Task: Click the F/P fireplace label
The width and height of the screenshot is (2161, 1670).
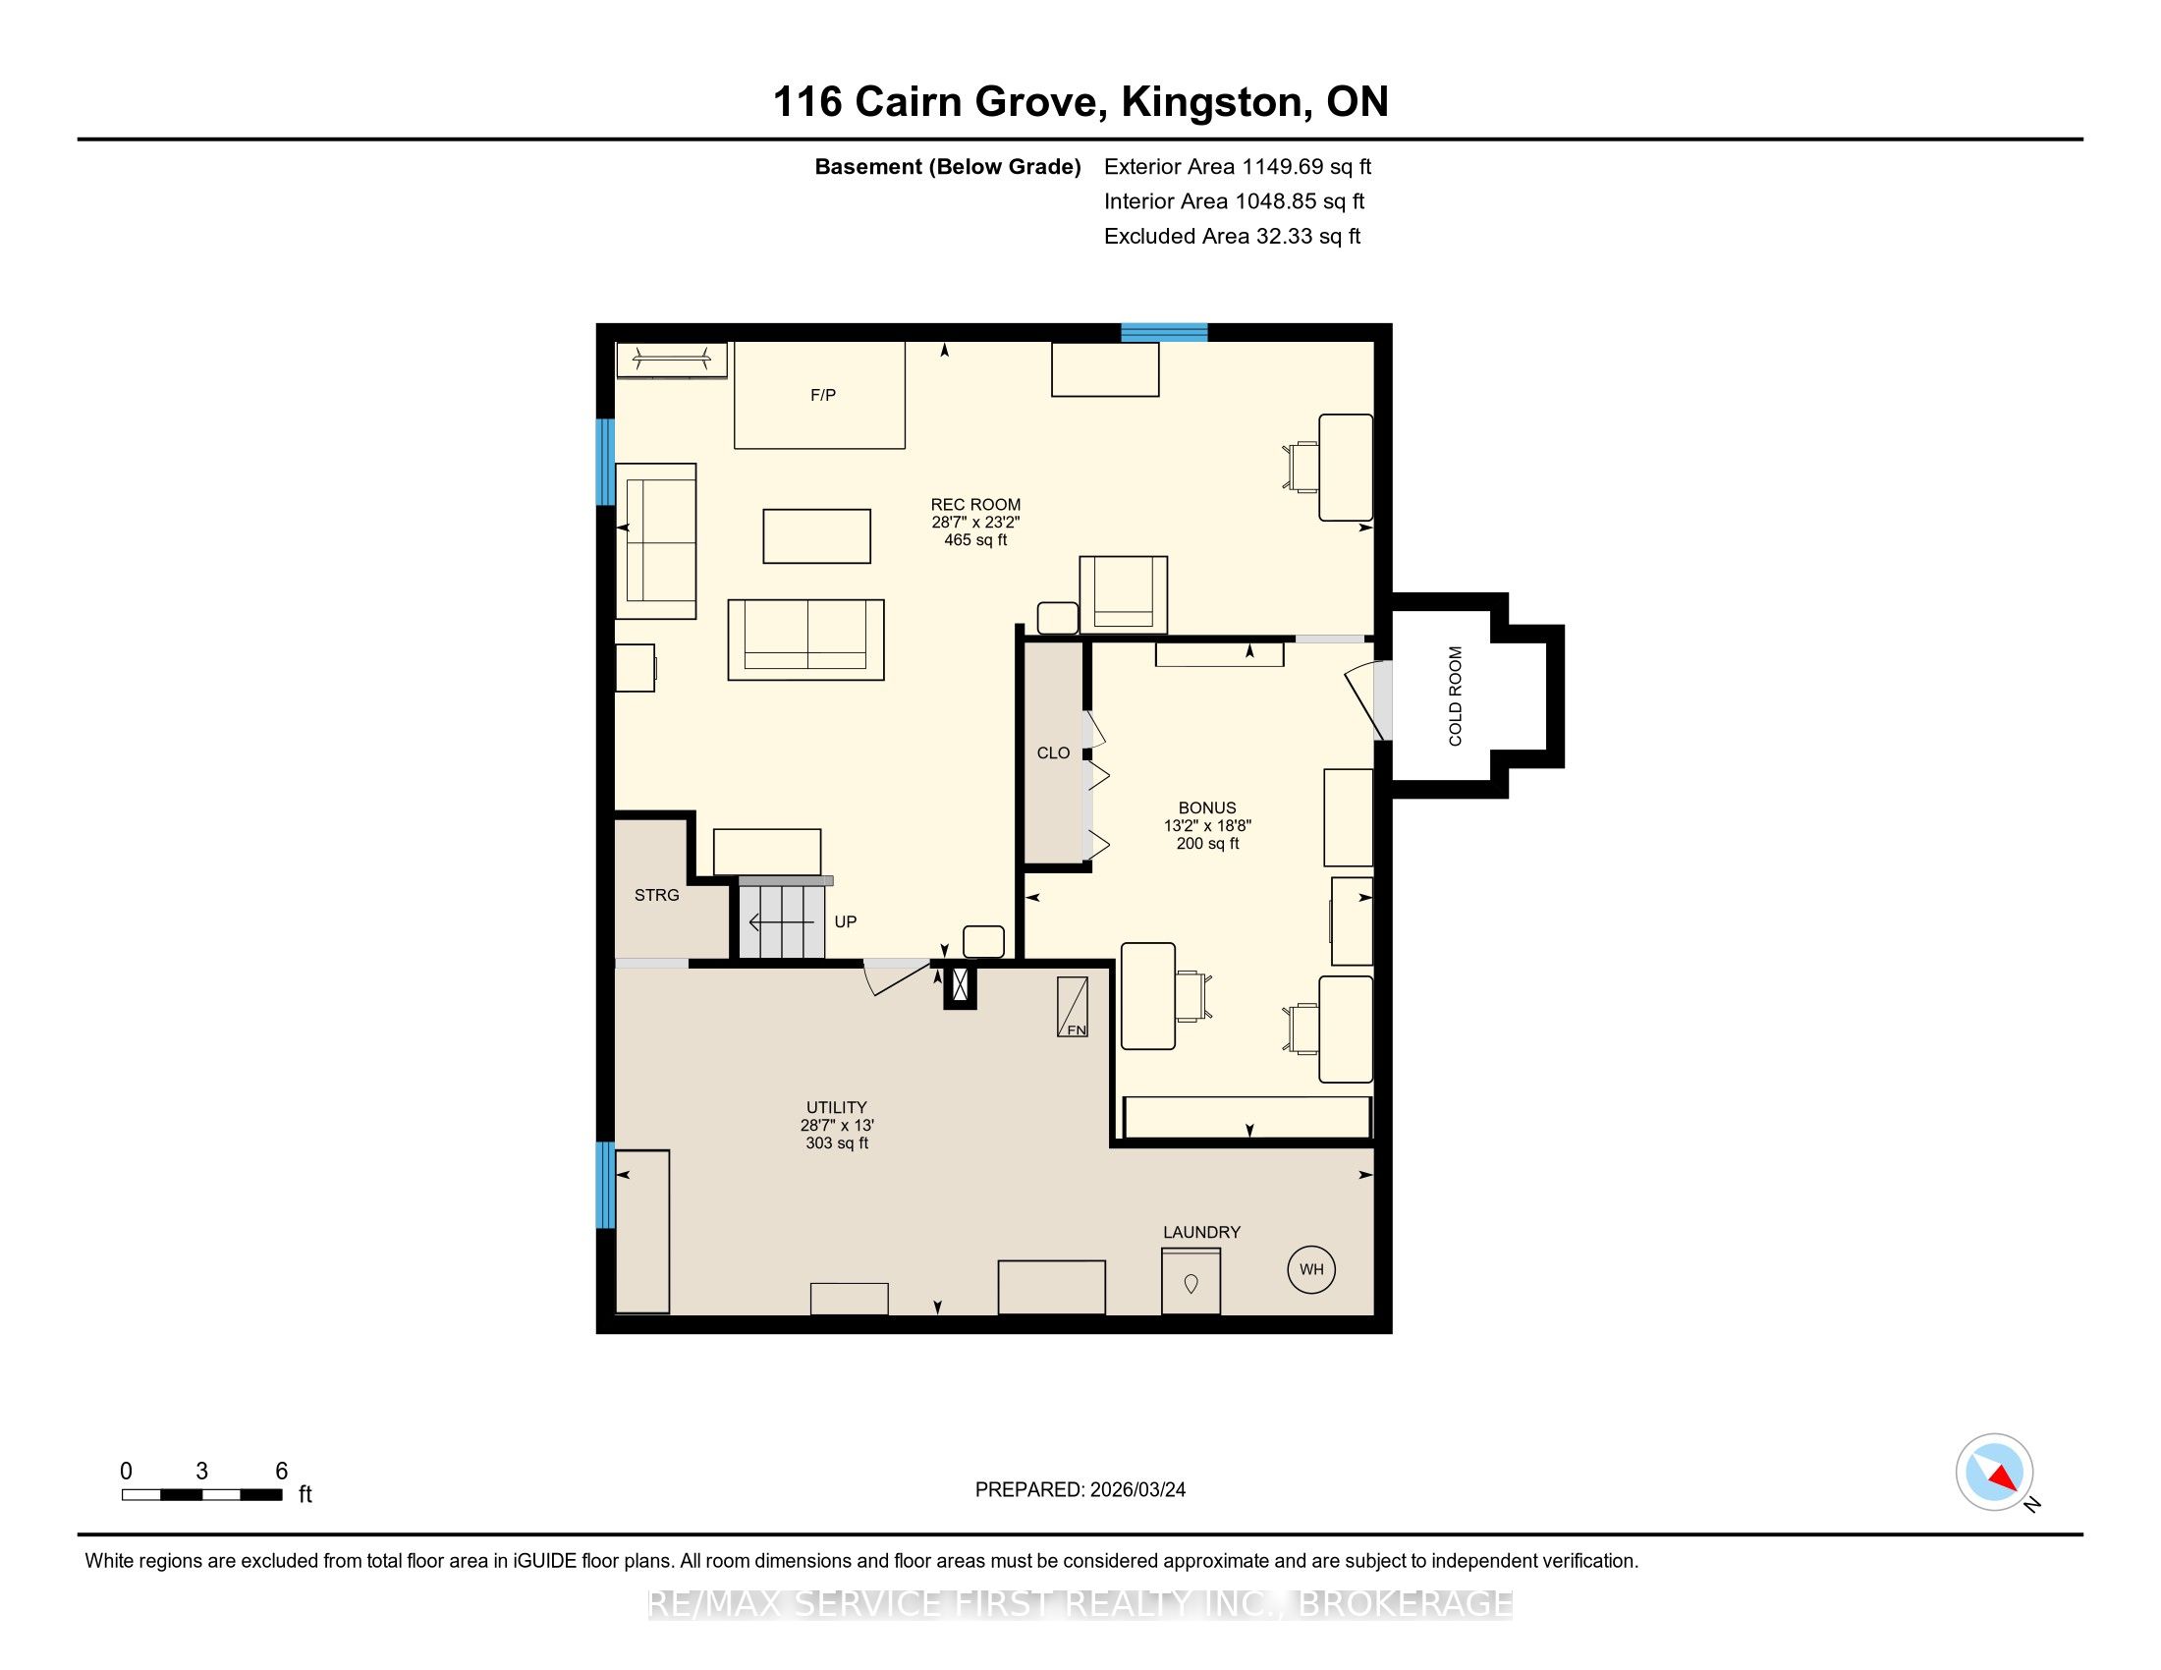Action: pyautogui.click(x=823, y=395)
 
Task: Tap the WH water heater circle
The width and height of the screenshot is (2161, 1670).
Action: pyautogui.click(x=1311, y=1269)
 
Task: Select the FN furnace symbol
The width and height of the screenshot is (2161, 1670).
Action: pyautogui.click(x=1073, y=1007)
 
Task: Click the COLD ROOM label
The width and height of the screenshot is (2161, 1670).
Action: pyautogui.click(x=1455, y=696)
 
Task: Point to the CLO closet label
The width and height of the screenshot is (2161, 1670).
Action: pyautogui.click(x=1053, y=752)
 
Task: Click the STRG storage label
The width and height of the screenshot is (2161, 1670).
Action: pyautogui.click(x=657, y=895)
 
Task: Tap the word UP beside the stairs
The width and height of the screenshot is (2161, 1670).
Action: pyautogui.click(x=845, y=922)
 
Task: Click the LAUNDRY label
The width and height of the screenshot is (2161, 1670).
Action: pyautogui.click(x=1201, y=1233)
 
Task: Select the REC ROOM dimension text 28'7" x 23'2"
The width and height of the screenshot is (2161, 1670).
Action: pyautogui.click(x=975, y=523)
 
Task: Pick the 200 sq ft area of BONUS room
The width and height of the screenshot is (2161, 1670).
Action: pyautogui.click(x=1207, y=844)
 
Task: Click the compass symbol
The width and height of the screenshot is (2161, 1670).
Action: pyautogui.click(x=1994, y=1473)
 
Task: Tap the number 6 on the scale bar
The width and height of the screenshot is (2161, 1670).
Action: pyautogui.click(x=281, y=1472)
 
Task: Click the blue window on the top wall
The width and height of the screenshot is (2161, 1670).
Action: pyautogui.click(x=1164, y=332)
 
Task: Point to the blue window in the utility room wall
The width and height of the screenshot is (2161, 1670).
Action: pyautogui.click(x=604, y=1185)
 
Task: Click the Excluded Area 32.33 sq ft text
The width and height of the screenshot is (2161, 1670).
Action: pyautogui.click(x=1232, y=237)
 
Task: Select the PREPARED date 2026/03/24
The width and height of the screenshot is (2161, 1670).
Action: pyautogui.click(x=1136, y=1490)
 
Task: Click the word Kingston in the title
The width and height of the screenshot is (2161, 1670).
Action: pyautogui.click(x=1211, y=103)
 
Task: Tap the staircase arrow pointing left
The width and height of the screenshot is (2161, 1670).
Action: pyautogui.click(x=782, y=923)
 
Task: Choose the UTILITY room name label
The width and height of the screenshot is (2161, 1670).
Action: pyautogui.click(x=836, y=1108)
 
